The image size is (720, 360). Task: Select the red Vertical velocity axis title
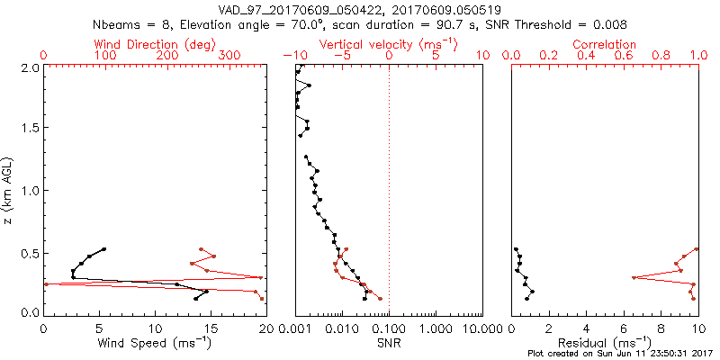(x=387, y=44)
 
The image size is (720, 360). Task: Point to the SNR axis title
(x=389, y=343)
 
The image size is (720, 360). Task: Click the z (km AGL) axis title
(x=9, y=190)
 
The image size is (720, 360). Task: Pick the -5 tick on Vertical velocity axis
(x=342, y=56)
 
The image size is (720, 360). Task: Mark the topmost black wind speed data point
(x=104, y=249)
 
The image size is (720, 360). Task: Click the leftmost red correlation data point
(x=634, y=277)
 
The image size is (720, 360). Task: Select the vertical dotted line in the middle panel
(x=389, y=180)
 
